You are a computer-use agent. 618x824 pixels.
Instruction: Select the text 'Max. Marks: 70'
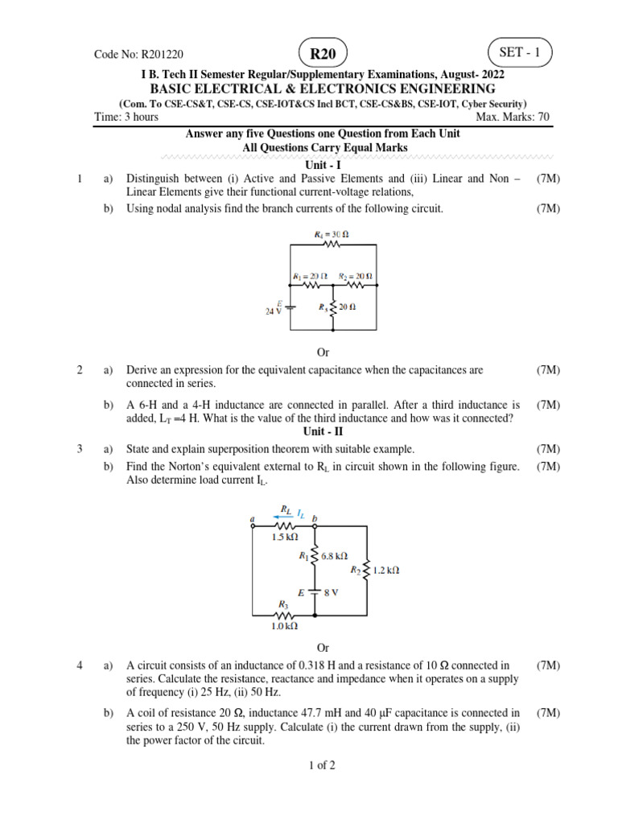click(x=513, y=117)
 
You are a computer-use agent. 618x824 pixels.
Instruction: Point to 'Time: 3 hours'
click(x=126, y=117)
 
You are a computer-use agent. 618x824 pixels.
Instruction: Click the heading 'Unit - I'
click(x=323, y=164)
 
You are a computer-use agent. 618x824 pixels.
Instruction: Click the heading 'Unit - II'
click(x=323, y=431)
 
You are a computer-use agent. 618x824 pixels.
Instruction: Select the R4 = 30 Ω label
click(x=332, y=234)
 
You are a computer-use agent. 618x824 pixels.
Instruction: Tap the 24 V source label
click(x=274, y=311)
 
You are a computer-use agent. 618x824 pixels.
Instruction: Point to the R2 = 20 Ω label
click(x=356, y=275)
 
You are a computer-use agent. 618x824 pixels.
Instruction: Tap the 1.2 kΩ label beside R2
click(x=385, y=570)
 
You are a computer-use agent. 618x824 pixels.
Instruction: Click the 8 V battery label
click(x=332, y=592)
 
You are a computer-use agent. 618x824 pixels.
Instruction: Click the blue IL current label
click(x=301, y=512)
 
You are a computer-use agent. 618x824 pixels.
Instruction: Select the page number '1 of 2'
click(x=322, y=765)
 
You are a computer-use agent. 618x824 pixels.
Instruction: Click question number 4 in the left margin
click(x=80, y=665)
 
